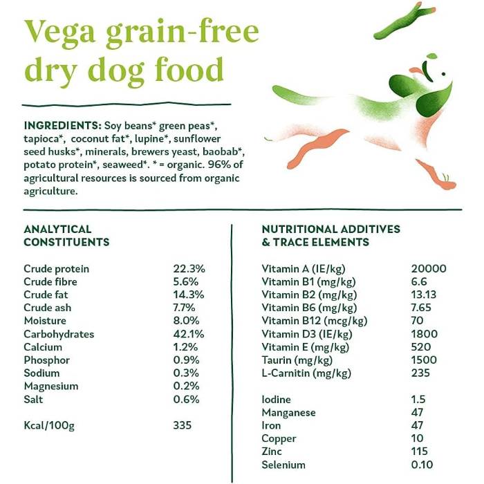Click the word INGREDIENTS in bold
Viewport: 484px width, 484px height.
tap(62, 126)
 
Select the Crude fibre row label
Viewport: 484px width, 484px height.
tap(50, 282)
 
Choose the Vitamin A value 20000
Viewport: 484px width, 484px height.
tap(428, 269)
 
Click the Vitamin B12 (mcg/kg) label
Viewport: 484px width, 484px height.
tap(314, 321)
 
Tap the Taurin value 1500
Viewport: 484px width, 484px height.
tap(422, 360)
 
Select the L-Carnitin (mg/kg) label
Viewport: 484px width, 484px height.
tap(307, 373)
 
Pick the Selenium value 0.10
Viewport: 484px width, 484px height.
tap(421, 465)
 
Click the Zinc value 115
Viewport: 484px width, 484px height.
tap(418, 452)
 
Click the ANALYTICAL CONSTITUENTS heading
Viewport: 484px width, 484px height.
tap(66, 235)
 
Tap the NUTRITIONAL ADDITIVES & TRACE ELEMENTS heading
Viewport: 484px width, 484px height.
tap(331, 235)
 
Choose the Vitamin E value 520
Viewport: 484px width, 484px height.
tap(418, 347)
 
